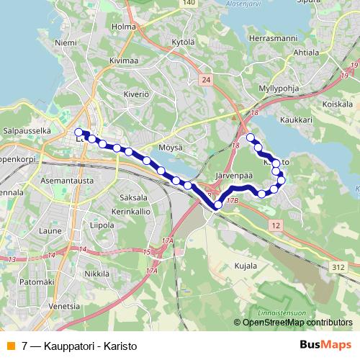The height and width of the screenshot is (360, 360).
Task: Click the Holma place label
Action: tap(124, 27)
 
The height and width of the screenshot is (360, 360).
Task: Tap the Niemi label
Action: tap(66, 43)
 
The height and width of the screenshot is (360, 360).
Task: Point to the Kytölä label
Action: tap(184, 42)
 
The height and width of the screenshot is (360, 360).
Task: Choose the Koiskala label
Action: tap(337, 104)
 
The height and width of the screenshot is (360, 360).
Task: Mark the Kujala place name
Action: tap(246, 266)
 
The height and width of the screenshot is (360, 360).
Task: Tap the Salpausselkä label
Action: tap(27, 131)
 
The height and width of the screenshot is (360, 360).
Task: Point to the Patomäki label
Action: tap(34, 282)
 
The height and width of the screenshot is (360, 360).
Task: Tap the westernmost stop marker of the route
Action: tap(78, 132)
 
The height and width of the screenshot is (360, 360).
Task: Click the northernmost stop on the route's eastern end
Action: tap(251, 138)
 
